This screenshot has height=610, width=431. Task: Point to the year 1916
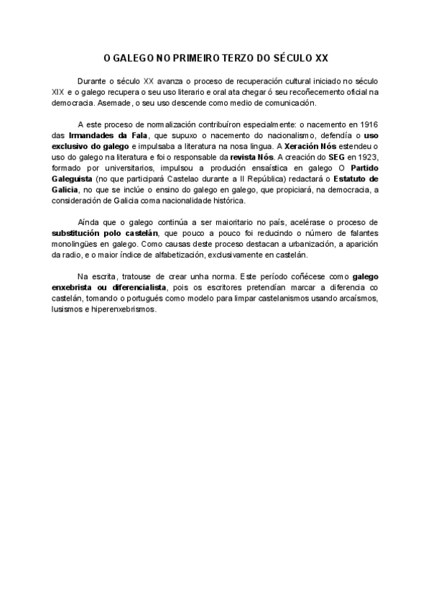point(367,124)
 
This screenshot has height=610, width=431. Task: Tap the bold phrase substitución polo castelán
point(106,234)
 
